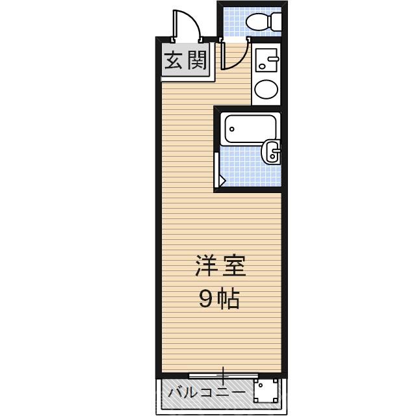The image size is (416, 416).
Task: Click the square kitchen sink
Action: pyautogui.click(x=265, y=61)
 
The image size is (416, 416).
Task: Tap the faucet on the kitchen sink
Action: pyautogui.click(x=272, y=61)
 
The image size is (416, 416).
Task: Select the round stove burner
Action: pyautogui.click(x=265, y=90)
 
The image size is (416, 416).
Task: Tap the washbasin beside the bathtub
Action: pyautogui.click(x=271, y=152)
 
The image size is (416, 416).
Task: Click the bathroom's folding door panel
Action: pyautogui.click(x=218, y=170)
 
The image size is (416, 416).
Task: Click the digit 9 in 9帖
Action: pyautogui.click(x=205, y=300)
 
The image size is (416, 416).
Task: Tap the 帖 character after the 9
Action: pyautogui.click(x=229, y=300)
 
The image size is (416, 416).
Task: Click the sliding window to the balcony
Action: pyautogui.click(x=223, y=375)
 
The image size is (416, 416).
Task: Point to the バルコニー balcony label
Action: pyautogui.click(x=207, y=393)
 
